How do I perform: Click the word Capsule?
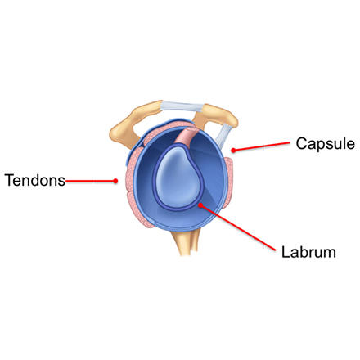[x=326, y=143]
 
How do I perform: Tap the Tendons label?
[x=35, y=180]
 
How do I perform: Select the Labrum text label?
[x=308, y=252]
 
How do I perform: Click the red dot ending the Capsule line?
[x=233, y=150]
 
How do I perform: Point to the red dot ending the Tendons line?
[x=115, y=181]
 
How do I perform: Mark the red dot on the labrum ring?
[x=200, y=205]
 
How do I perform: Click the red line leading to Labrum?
[x=238, y=227]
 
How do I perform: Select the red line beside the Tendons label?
[x=91, y=181]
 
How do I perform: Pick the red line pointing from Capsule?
[x=261, y=146]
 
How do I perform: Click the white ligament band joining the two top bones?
[x=182, y=107]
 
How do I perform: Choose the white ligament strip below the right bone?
[x=223, y=136]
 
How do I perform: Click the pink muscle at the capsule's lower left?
[x=139, y=210]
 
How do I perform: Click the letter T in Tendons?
[x=10, y=180]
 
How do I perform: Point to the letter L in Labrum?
[x=286, y=252]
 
